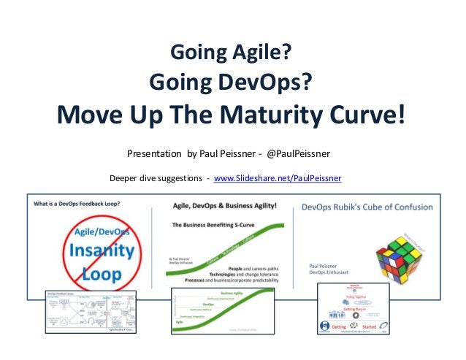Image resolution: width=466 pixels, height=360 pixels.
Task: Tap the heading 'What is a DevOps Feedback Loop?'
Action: coord(77,204)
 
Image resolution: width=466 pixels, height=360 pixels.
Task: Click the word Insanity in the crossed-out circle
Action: coord(102,252)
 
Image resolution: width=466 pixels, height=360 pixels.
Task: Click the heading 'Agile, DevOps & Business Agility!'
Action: coord(224,207)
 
